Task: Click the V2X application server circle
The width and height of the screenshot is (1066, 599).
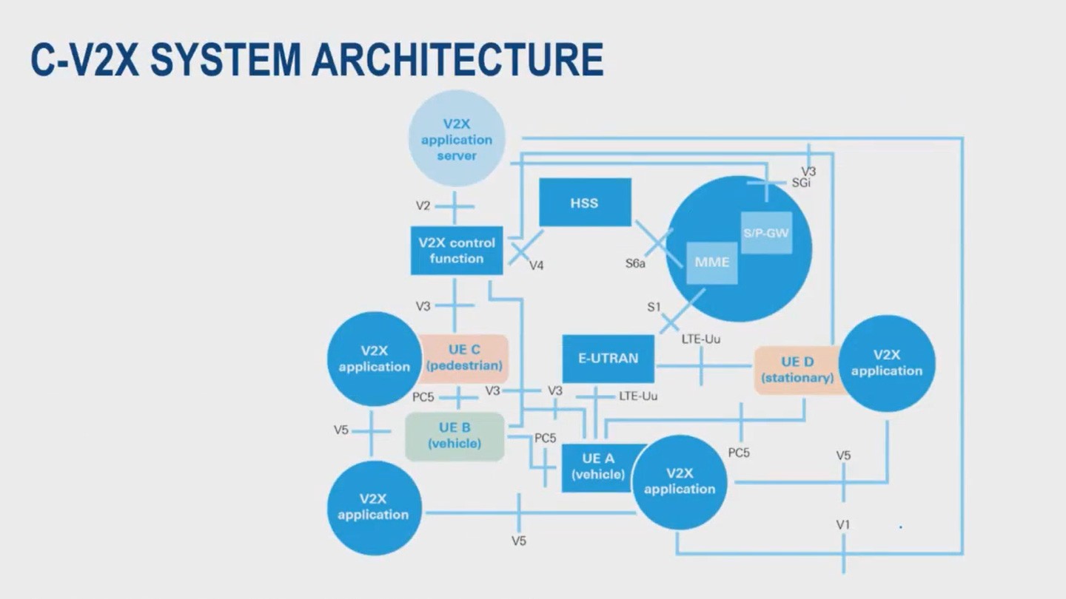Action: tap(456, 140)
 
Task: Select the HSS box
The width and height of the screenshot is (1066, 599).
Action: tap(584, 203)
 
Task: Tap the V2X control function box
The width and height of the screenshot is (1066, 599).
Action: tap(457, 251)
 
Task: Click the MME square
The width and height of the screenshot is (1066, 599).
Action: tap(711, 262)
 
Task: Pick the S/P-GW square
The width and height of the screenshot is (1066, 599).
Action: tap(766, 232)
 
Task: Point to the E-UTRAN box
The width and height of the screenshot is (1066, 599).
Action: tap(608, 359)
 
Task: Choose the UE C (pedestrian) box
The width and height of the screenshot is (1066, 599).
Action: tap(464, 358)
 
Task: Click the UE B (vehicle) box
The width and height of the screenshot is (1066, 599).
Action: tap(455, 436)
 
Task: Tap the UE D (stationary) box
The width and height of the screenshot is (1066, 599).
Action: tap(797, 370)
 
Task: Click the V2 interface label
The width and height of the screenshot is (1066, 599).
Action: tap(423, 206)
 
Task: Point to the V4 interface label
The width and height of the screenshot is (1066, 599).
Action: tap(536, 265)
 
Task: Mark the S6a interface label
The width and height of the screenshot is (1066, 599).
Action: tap(635, 263)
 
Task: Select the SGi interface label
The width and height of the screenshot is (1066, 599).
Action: tap(801, 183)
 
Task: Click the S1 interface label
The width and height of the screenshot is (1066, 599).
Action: tap(654, 307)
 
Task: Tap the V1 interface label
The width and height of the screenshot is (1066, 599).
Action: tap(843, 524)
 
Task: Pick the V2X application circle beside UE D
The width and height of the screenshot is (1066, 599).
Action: tap(887, 363)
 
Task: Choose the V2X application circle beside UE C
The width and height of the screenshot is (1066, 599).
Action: tap(374, 359)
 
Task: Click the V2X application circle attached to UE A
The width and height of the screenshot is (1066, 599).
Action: tap(680, 481)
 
